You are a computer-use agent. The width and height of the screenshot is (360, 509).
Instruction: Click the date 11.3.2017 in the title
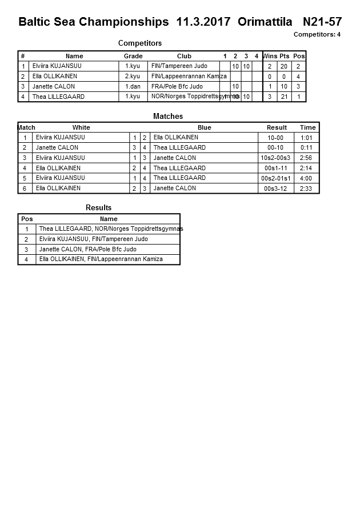(204, 22)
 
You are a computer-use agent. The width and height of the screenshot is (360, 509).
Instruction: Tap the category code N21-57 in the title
(322, 22)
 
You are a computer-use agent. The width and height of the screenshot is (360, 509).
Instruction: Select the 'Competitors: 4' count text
(317, 35)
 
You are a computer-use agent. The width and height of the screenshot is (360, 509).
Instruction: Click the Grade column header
(133, 56)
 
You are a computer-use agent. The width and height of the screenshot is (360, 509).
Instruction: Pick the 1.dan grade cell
(133, 86)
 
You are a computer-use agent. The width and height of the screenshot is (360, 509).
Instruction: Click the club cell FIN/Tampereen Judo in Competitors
(179, 66)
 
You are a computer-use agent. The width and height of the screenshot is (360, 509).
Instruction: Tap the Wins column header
(270, 56)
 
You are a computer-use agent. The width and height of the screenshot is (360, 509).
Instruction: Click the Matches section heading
(168, 116)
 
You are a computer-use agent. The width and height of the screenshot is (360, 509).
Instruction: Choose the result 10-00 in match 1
(275, 138)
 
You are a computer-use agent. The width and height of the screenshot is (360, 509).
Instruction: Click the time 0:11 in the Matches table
(307, 147)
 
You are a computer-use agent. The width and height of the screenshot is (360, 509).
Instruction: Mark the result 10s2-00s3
(275, 158)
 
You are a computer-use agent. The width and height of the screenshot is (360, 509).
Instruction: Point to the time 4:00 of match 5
(307, 178)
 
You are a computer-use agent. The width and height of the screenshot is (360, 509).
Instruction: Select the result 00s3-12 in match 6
(275, 189)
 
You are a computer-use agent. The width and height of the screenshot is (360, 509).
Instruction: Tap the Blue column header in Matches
(204, 127)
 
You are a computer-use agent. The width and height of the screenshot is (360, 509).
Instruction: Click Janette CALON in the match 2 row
(57, 147)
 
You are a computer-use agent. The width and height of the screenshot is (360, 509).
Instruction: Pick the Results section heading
(99, 207)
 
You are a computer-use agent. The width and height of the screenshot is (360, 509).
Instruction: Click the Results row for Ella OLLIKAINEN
(101, 259)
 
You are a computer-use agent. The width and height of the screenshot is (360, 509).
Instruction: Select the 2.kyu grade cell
(133, 76)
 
